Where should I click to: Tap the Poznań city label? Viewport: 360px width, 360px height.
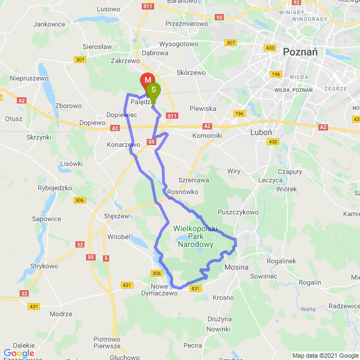pyautogui.click(x=300, y=51)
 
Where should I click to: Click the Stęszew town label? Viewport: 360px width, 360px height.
pyautogui.click(x=117, y=215)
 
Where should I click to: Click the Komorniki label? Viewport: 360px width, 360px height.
pyautogui.click(x=206, y=136)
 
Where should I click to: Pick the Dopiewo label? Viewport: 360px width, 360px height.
pyautogui.click(x=92, y=122)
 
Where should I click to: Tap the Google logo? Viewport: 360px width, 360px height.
pyautogui.click(x=18, y=353)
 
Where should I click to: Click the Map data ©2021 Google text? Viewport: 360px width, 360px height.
pyautogui.click(x=325, y=355)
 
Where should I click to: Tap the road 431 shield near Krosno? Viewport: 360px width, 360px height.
pyautogui.click(x=195, y=289)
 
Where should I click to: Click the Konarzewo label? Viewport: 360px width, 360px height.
pyautogui.click(x=123, y=145)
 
